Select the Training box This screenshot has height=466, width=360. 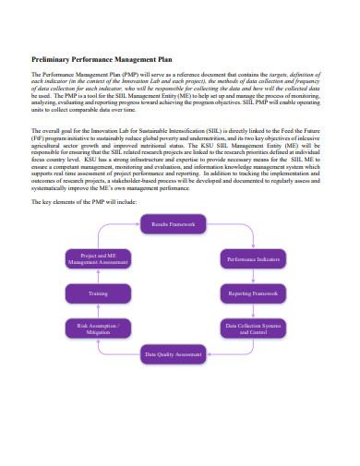tap(99, 293)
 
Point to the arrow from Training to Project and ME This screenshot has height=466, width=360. tap(99, 277)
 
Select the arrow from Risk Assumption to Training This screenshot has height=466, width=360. tap(99, 311)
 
